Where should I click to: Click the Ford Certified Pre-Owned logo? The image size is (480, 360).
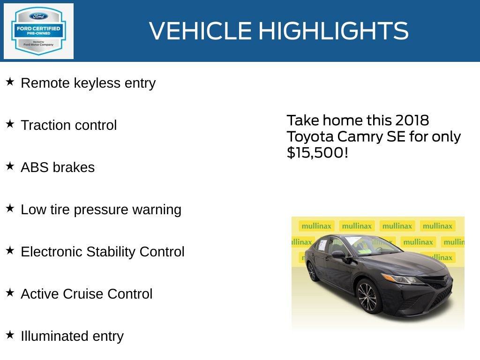click(x=38, y=31)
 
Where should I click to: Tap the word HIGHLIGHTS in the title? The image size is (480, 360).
click(x=333, y=31)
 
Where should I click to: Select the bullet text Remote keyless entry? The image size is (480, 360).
click(x=88, y=83)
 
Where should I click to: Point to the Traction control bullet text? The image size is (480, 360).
click(x=69, y=125)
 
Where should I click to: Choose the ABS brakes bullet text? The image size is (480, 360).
click(x=58, y=167)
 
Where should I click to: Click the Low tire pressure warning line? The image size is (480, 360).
click(x=101, y=210)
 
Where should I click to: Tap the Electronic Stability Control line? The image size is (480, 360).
click(x=103, y=252)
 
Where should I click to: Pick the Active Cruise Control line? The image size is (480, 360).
click(x=87, y=294)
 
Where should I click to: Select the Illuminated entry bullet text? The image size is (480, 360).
click(x=72, y=336)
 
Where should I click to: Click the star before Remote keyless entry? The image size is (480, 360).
click(x=10, y=82)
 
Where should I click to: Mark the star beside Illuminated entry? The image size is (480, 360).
click(x=10, y=335)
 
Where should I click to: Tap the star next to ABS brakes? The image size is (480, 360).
click(x=10, y=166)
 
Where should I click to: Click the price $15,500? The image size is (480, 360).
click(x=317, y=153)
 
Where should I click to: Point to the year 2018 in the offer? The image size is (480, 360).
click(x=412, y=120)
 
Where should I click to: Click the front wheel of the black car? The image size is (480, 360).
click(x=367, y=295)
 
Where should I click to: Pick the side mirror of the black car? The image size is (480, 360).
click(x=338, y=255)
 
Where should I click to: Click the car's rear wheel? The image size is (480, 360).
click(x=312, y=271)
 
